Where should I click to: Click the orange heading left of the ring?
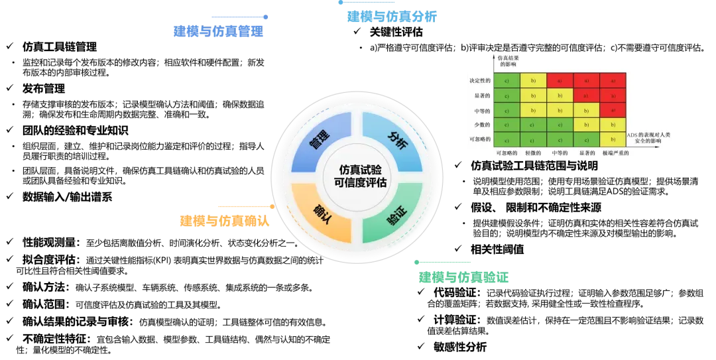click(225, 220)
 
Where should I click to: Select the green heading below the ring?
click(463, 278)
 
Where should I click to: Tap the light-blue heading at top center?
click(392, 17)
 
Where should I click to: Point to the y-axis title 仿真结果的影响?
click(508, 62)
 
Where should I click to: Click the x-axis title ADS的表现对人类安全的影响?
click(648, 138)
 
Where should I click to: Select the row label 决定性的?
click(479, 80)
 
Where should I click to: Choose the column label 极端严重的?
click(615, 153)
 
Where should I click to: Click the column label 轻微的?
click(533, 153)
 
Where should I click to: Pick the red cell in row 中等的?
click(613, 110)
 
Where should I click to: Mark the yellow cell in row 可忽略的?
click(613, 139)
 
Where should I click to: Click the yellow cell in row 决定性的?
click(533, 80)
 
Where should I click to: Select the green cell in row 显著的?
click(507, 95)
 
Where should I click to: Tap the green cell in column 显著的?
click(586, 139)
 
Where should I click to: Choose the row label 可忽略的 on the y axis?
click(480, 139)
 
